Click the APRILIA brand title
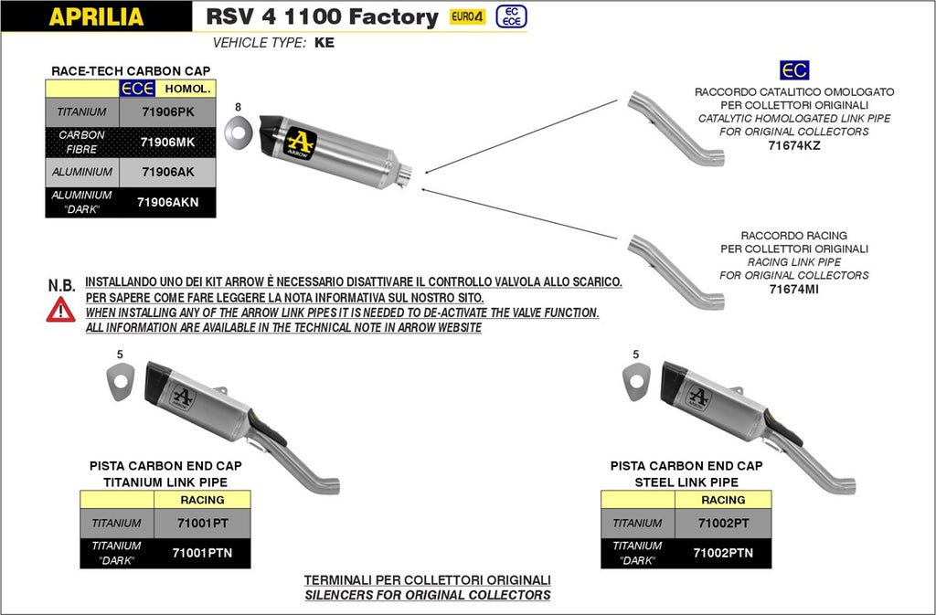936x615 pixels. [96, 16]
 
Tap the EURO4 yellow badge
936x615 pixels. [467, 16]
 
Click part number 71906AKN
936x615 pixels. [168, 202]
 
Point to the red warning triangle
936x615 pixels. [61, 309]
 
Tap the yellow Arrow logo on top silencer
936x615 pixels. [301, 143]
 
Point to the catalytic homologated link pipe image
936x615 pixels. [675, 128]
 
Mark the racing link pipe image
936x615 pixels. [675, 271]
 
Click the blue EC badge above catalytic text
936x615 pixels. [793, 70]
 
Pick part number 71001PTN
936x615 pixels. [201, 553]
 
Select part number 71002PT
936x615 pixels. [722, 524]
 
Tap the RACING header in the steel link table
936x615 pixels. [723, 500]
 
